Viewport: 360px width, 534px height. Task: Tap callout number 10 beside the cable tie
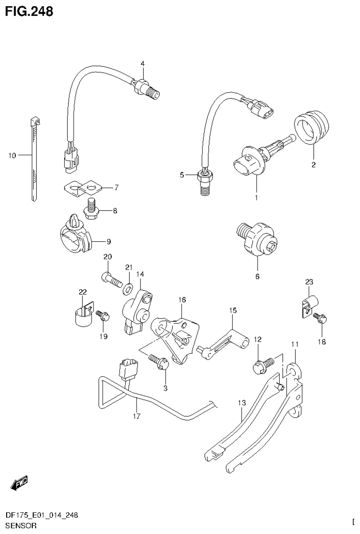pos(12,155)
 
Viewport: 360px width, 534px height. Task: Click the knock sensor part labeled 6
pos(257,238)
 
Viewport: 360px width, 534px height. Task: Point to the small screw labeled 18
pos(321,318)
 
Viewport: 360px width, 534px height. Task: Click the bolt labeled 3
pos(160,362)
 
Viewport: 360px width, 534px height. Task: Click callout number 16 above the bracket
pos(182,300)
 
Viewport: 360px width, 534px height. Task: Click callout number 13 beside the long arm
pos(241,403)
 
